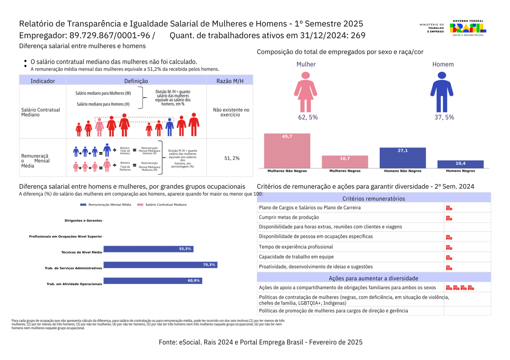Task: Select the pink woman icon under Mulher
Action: click(305, 92)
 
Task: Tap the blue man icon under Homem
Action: click(442, 92)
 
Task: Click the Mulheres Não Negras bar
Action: click(287, 151)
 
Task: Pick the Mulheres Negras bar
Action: click(345, 162)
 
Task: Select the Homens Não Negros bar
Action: click(402, 158)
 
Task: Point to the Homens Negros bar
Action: click(460, 164)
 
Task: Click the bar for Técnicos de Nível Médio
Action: click(148, 249)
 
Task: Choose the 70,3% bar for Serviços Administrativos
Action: click(160, 265)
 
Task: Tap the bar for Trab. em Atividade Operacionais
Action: click(153, 281)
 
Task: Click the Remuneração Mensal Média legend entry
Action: click(106, 205)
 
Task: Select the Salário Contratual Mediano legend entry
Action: click(162, 205)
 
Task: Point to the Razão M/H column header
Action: click(230, 81)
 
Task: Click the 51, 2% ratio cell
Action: click(232, 158)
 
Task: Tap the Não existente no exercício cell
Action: click(231, 112)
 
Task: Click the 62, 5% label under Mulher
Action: click(308, 117)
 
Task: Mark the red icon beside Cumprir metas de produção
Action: click(449, 218)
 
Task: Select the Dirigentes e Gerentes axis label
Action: click(83, 221)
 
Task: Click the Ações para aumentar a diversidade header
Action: click(373, 278)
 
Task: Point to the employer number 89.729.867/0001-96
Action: click(110, 35)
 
